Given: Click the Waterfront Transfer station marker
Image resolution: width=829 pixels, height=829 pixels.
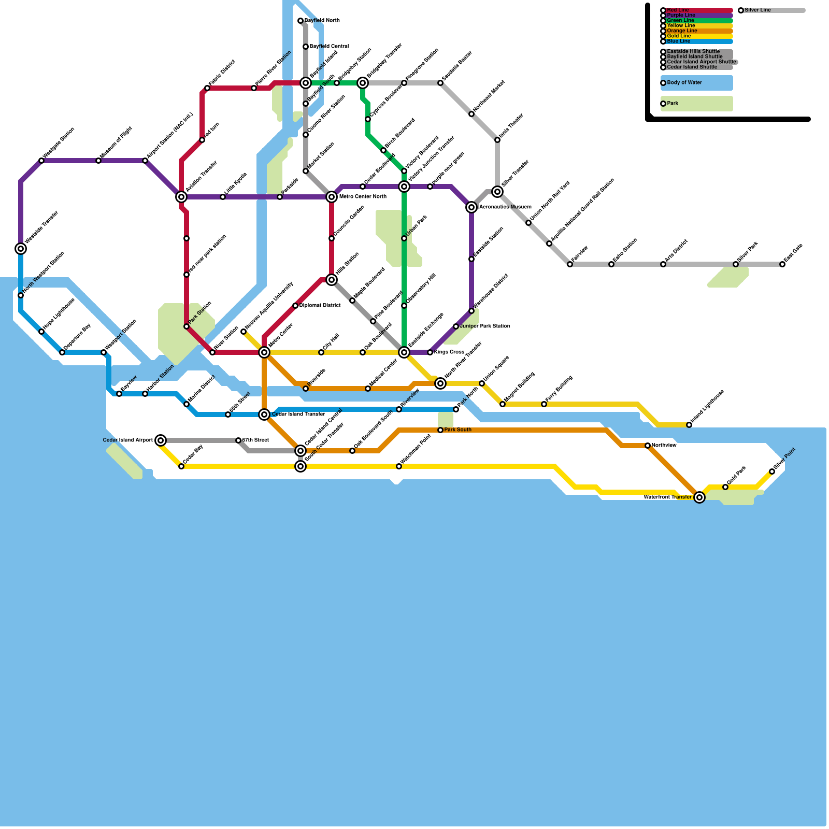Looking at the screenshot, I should coord(699,497).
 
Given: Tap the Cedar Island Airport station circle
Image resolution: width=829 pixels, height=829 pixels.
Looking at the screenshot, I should coord(161,440).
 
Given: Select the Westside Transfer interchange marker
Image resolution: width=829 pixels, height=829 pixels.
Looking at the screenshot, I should coord(21,249).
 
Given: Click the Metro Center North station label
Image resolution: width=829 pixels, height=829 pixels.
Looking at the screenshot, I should coord(363,197).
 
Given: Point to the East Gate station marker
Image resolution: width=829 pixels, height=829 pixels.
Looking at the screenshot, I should coord(782,264).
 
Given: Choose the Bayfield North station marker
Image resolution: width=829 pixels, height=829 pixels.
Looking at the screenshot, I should coord(301,21).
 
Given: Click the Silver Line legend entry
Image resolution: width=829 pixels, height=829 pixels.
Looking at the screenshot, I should coord(772,10).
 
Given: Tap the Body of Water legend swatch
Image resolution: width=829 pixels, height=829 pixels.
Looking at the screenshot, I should coord(697,83).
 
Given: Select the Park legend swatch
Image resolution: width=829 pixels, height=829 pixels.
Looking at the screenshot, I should coord(697,104).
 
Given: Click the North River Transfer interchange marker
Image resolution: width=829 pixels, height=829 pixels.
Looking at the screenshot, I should coord(440,383).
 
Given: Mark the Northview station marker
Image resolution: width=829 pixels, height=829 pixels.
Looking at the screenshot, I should coord(648,446).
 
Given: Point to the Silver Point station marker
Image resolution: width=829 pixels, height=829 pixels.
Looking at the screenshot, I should coord(772,471).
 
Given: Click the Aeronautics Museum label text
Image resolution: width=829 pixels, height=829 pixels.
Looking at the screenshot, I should coord(505,207).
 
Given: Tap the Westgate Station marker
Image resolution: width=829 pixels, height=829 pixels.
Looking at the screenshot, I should coord(41,161).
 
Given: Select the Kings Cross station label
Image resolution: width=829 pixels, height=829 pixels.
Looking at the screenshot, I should coord(449,352).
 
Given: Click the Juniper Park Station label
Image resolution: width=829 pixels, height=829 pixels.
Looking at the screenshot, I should coord(485,326).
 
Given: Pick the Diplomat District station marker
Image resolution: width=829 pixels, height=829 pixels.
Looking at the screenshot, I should coord(295,306).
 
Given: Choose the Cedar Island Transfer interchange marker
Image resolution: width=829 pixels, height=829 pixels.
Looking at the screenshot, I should coord(264,414).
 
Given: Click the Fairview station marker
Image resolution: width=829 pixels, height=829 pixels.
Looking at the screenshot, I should coord(570,264).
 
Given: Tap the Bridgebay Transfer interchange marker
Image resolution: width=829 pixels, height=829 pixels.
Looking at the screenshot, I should coord(363,83).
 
